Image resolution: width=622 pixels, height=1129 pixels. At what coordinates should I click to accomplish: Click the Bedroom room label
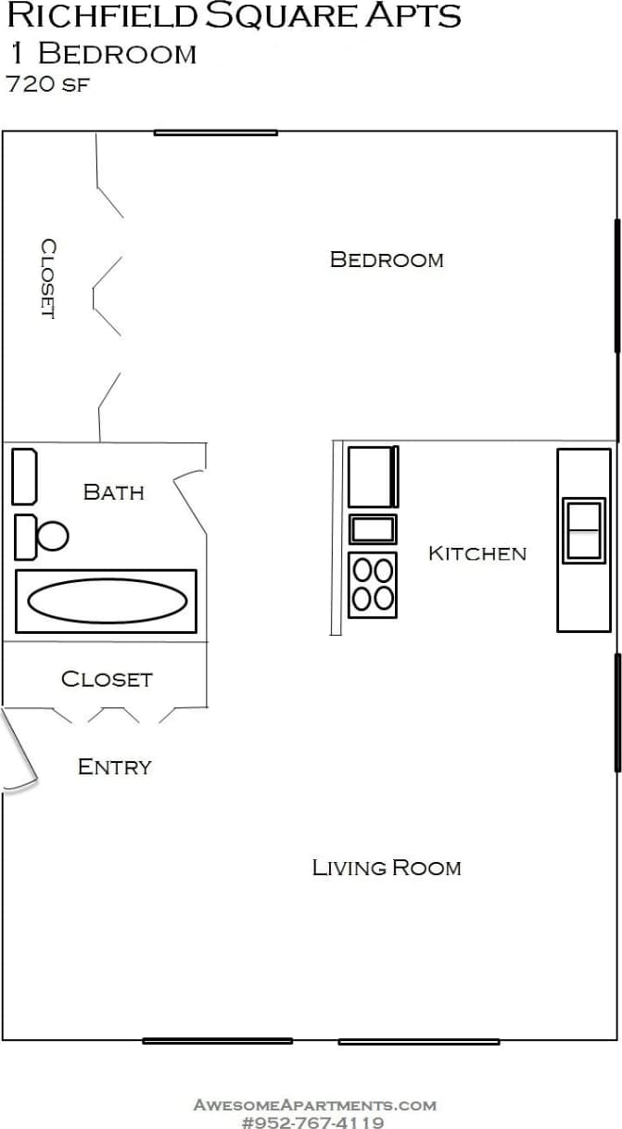coord(387,260)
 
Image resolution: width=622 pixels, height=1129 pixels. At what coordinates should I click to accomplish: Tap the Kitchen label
coord(476,553)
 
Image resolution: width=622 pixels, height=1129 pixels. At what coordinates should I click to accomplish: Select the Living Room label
coord(386,868)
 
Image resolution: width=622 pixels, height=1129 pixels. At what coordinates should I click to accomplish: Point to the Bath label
coord(113,491)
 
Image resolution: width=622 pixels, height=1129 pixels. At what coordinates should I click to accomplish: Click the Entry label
coord(114,767)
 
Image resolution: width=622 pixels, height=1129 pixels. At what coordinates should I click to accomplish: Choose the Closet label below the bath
coord(106,679)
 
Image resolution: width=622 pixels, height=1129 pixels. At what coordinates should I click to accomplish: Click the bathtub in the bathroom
coord(106,602)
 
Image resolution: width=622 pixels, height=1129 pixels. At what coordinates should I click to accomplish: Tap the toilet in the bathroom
coord(41,537)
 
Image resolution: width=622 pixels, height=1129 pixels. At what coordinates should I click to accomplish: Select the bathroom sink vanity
coord(24,476)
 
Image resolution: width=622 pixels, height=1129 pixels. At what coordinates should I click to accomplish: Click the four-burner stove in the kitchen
coord(373,585)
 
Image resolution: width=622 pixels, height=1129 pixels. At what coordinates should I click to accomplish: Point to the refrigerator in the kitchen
coord(373,476)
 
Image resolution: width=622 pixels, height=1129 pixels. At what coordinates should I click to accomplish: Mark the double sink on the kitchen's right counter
coord(584,530)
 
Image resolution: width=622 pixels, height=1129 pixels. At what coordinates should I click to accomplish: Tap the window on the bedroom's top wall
coord(215,133)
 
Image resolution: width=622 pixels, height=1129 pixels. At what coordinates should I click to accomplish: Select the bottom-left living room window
coord(217,1041)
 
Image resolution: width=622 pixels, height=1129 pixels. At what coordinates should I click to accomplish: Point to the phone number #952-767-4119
coord(312,1122)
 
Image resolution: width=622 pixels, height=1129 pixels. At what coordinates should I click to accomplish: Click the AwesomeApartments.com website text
coord(314,1105)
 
